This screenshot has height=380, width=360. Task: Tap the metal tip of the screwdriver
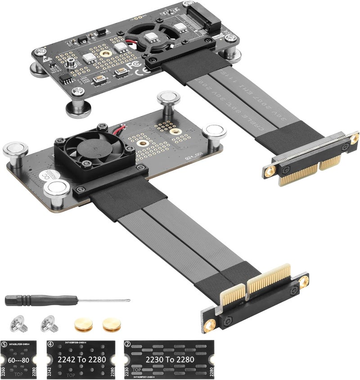tap(128, 300)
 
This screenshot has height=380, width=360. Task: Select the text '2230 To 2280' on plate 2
tap(169, 360)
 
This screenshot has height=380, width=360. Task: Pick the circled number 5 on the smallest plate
tap(4, 344)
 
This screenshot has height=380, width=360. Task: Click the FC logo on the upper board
tap(130, 66)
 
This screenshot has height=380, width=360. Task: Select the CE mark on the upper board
tap(146, 70)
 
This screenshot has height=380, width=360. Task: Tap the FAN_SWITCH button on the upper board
tap(99, 80)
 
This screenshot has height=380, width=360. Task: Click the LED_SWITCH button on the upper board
tap(120, 72)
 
